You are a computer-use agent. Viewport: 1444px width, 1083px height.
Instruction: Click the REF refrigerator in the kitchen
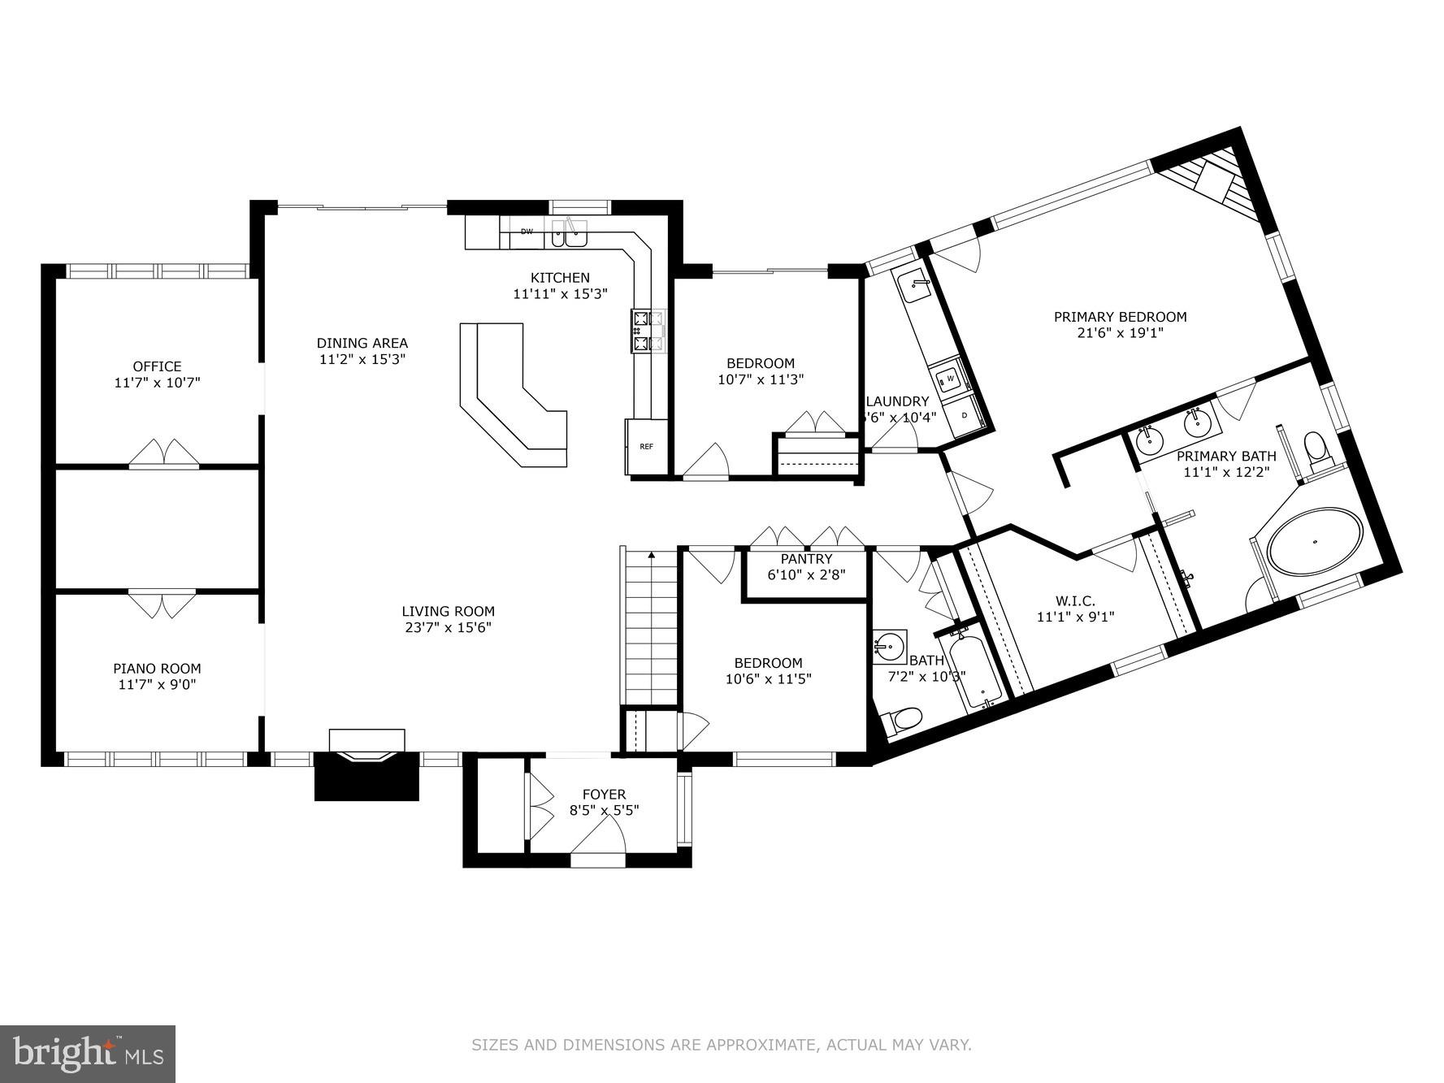coord(646,446)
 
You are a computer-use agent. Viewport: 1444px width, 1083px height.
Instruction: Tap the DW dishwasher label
coord(527,232)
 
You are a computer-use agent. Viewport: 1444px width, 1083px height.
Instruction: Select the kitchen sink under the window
coord(568,235)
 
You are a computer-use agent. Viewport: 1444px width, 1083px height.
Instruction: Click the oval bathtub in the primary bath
coord(1315,542)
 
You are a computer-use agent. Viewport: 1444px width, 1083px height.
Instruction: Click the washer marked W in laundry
coord(948,379)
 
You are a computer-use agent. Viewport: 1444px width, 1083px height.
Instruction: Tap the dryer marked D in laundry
coord(965,415)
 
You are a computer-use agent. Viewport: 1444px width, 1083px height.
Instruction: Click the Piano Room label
coord(157,669)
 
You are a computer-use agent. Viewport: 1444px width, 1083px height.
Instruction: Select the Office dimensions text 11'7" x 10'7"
coord(157,382)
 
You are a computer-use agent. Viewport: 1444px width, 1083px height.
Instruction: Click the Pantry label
coord(806,559)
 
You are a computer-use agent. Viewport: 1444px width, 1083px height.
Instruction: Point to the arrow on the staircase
coord(651,556)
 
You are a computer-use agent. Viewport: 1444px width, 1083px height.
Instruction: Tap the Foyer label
coord(604,794)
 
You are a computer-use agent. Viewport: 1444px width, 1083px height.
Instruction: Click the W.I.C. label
coord(1075,601)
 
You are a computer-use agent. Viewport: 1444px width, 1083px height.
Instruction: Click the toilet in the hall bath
coord(904,719)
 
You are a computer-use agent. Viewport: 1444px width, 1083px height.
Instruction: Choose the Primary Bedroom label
coord(1120,317)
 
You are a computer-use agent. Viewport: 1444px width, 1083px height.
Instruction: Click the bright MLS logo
coord(88,1054)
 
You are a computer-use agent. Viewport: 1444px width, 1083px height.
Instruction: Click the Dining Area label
coord(362,343)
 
